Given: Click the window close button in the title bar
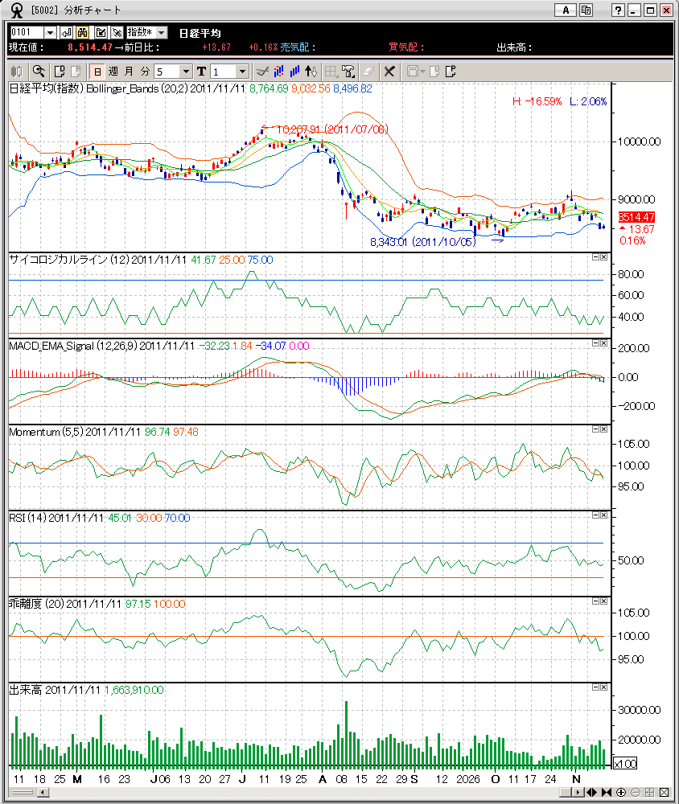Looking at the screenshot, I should tap(667, 10).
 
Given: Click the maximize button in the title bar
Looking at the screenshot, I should tap(650, 10).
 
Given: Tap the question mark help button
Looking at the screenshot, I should tap(618, 10).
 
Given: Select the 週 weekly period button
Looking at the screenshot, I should tap(113, 72).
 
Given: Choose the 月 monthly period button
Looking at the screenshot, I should tap(129, 72).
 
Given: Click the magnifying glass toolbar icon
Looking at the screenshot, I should tap(38, 72).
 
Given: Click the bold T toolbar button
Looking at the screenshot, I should tap(201, 72).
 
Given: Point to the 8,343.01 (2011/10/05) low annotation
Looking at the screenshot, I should tap(422, 242).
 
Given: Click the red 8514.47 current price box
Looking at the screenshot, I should tap(636, 217).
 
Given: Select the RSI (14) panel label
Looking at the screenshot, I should tap(27, 519).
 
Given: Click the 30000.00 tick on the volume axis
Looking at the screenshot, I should tap(638, 711).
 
